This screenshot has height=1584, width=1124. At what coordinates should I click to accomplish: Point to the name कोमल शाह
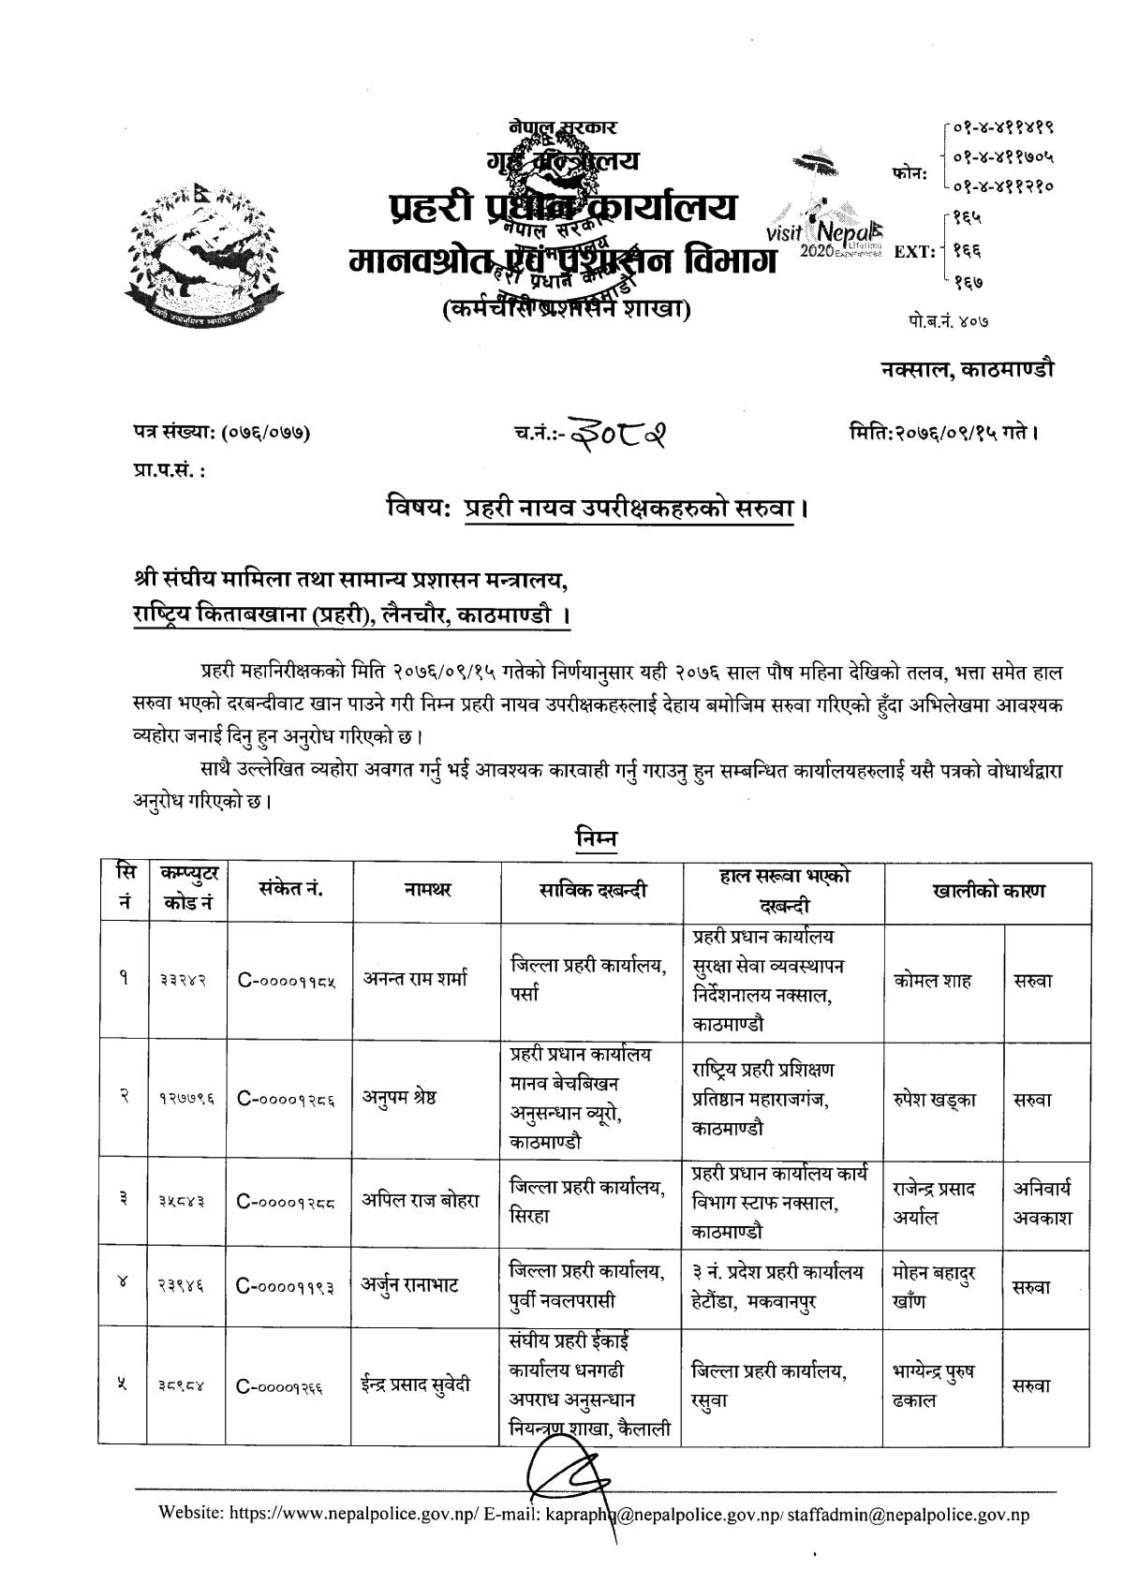932,981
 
